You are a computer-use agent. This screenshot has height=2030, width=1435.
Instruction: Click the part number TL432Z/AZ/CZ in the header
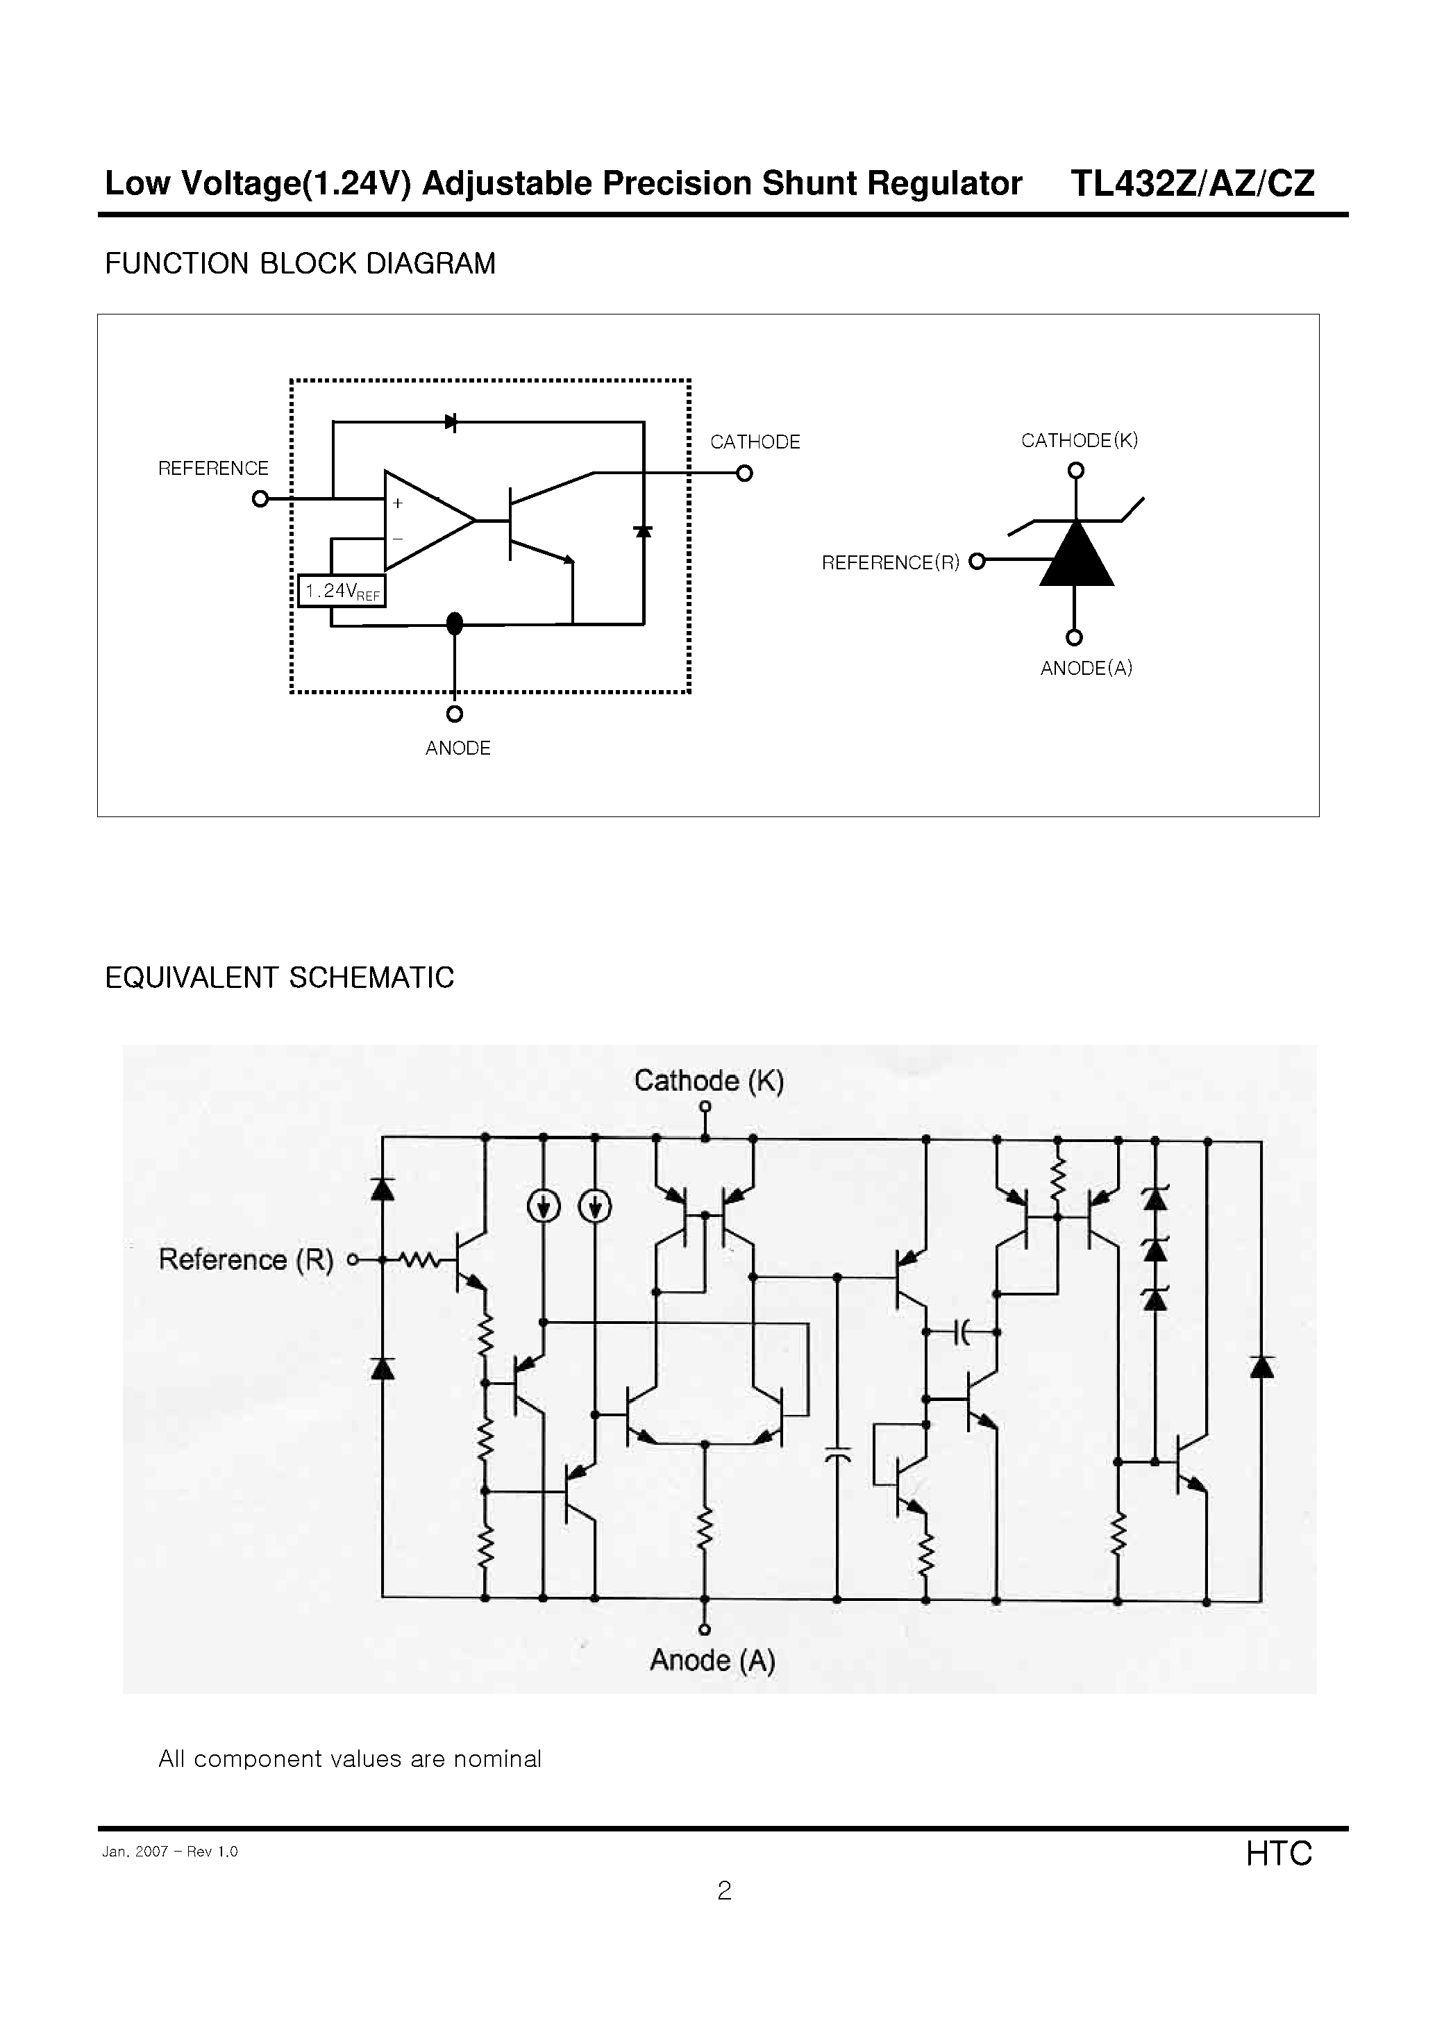(1192, 183)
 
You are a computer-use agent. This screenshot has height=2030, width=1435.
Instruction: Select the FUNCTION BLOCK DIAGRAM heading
(300, 264)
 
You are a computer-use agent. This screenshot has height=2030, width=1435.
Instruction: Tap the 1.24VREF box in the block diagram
(342, 592)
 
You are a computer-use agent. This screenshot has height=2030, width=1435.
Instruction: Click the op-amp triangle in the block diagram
(423, 520)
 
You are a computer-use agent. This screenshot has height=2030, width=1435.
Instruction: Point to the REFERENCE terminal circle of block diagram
(260, 498)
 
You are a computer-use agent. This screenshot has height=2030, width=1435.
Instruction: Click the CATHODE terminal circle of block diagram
(744, 474)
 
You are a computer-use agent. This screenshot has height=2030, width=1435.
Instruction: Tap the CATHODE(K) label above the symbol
(1079, 440)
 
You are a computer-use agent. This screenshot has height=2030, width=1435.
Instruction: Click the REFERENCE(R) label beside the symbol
(890, 562)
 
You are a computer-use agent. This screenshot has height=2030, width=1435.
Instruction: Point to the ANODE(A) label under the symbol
(1086, 669)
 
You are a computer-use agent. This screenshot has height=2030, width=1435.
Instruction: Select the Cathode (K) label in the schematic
(709, 1080)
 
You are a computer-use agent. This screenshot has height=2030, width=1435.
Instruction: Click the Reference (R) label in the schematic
(246, 1259)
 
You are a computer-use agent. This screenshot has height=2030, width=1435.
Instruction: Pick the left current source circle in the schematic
(543, 1206)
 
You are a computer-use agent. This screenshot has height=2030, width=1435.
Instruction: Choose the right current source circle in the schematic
(595, 1206)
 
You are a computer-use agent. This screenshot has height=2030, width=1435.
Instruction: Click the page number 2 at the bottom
(724, 1890)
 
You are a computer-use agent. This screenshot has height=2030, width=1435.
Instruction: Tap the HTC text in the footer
(1279, 1853)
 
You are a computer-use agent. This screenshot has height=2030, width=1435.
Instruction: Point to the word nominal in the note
(497, 1759)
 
